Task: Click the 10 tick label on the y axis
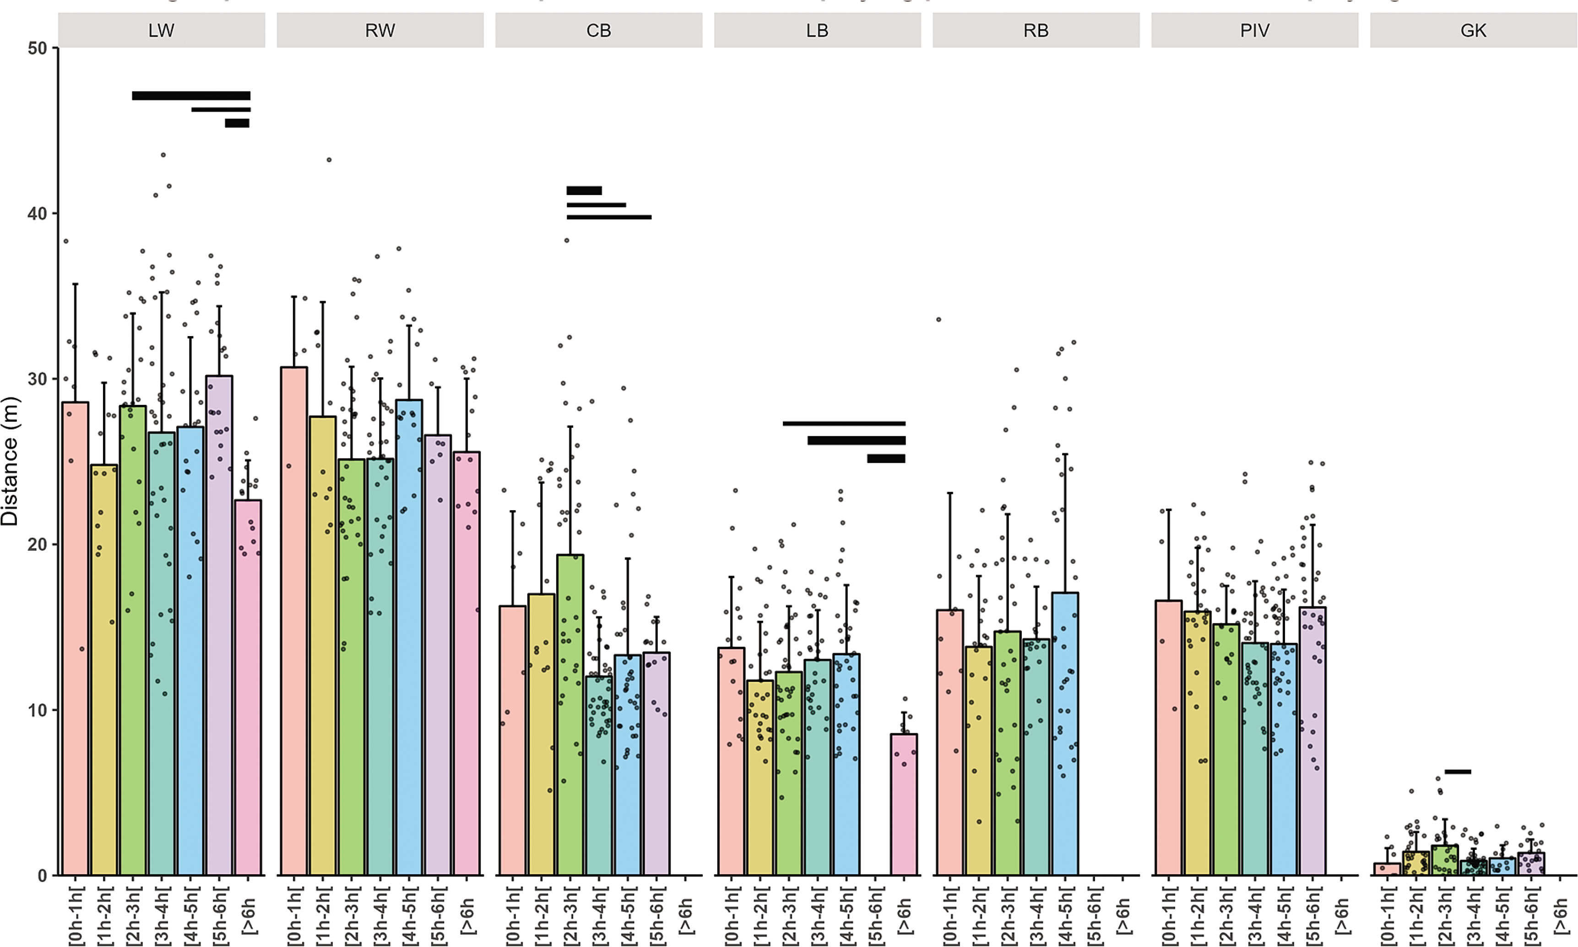[38, 710]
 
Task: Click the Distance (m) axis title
[10, 461]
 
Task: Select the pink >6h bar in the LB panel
[904, 804]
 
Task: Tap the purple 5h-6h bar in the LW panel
[219, 626]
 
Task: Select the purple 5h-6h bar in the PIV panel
[1312, 740]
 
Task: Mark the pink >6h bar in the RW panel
[467, 664]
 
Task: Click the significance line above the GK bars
[1458, 772]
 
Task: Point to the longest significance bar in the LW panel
[191, 96]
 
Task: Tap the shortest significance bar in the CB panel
[584, 190]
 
